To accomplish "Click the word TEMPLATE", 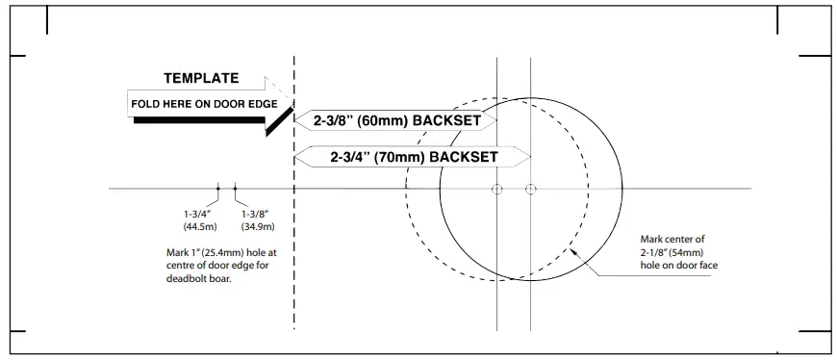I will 201,79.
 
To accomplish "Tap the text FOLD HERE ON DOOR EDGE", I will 203,103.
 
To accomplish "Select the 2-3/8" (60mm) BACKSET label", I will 397,121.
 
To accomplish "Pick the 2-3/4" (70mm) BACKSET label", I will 414,156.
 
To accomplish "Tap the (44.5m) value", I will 200,227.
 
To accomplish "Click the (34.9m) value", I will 257,227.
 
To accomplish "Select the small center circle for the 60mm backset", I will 496,189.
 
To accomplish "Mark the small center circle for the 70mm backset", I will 530,189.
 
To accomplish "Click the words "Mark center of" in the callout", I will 672,240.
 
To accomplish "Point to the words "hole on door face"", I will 678,265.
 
